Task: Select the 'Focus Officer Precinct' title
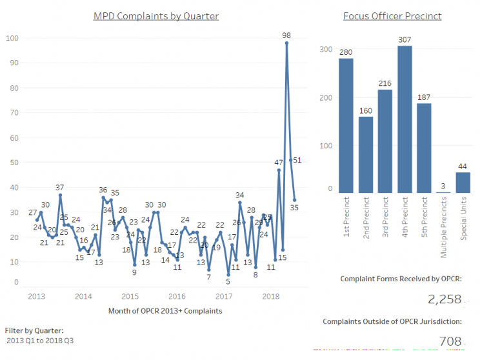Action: (x=392, y=15)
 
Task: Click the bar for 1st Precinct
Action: (x=346, y=125)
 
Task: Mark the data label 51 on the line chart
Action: (x=297, y=160)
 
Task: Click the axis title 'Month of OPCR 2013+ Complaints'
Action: (x=165, y=311)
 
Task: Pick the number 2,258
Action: (x=445, y=299)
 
